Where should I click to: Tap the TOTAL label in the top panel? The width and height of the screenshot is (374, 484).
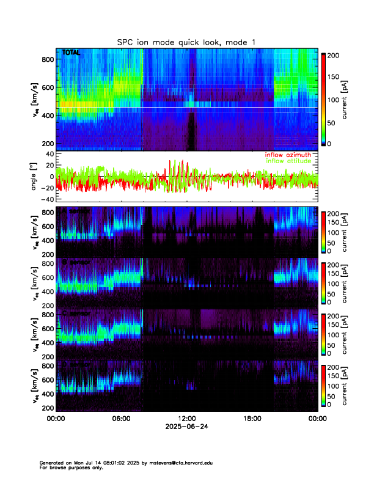click(x=71, y=53)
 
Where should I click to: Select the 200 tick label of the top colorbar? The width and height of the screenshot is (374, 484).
click(x=333, y=54)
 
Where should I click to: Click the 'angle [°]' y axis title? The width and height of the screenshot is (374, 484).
click(x=35, y=176)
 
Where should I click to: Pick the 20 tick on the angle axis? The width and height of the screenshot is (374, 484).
click(x=48, y=165)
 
